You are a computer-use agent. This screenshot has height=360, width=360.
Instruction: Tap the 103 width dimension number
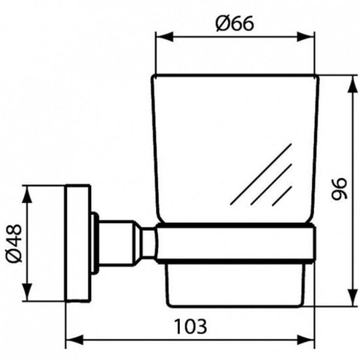(191, 326)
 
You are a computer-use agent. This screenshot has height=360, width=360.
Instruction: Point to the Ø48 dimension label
(13, 243)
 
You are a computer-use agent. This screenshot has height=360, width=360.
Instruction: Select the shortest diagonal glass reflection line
(282, 196)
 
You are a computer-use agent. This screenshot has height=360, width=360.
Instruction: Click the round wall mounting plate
(78, 243)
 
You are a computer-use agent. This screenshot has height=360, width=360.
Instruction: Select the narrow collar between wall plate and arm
(94, 242)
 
